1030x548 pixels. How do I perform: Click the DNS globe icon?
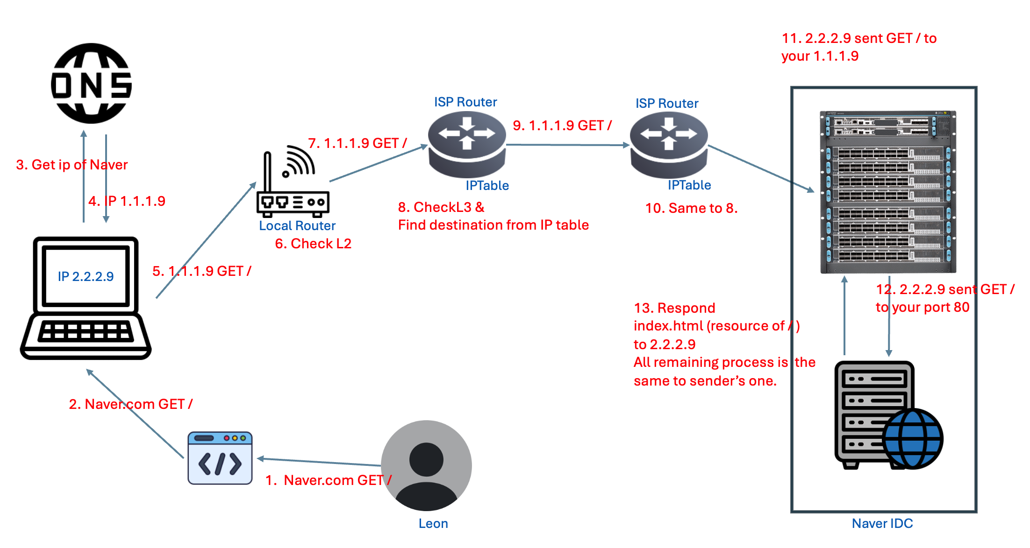(91, 84)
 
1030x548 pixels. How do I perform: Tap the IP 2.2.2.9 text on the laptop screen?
(86, 276)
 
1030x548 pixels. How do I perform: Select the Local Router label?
(297, 226)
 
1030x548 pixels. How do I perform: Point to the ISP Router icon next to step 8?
(467, 145)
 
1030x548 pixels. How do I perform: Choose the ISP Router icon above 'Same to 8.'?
(669, 145)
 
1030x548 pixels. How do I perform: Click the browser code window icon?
(220, 458)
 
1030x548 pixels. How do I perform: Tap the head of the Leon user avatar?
(426, 459)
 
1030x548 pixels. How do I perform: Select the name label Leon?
(433, 524)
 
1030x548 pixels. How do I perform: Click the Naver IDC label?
(882, 524)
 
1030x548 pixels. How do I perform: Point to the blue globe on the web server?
(913, 439)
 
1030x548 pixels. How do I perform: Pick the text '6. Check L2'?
(313, 244)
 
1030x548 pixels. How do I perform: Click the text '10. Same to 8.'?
(691, 208)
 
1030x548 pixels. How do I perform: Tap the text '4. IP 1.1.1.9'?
(127, 201)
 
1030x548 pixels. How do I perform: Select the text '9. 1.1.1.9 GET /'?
(562, 126)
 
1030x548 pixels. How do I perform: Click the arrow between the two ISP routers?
(568, 145)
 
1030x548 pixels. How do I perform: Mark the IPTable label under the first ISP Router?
(487, 186)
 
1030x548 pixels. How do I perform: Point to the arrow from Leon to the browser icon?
(319, 462)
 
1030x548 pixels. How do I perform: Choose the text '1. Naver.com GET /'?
(328, 480)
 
